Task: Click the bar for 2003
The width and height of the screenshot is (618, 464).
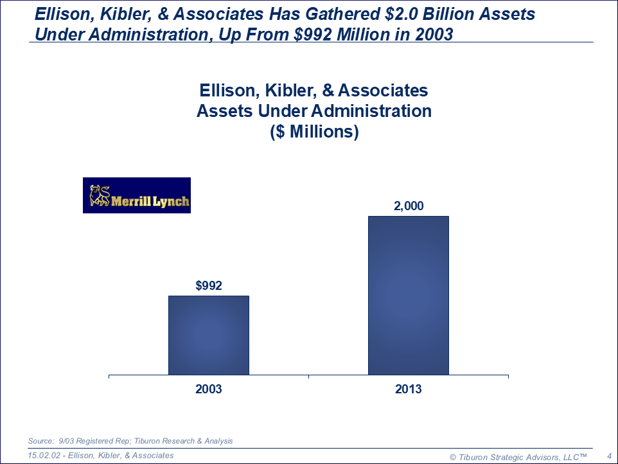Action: point(208,335)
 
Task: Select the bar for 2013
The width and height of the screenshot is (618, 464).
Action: point(408,295)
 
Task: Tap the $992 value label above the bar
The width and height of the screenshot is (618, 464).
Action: point(209,286)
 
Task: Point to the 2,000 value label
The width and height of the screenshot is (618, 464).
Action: point(409,206)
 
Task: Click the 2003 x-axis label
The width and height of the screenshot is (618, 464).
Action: point(209,389)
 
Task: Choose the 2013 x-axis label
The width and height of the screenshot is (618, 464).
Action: point(409,389)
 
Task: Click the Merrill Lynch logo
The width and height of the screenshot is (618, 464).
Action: point(137,195)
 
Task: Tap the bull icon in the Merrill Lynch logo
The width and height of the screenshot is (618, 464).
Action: point(100,195)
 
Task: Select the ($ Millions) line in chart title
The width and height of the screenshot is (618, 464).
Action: point(313,132)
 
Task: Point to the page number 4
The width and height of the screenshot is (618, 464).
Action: point(608,456)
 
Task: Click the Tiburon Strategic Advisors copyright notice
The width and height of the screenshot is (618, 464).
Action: point(518,456)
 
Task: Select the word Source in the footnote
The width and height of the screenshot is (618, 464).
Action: point(40,441)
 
